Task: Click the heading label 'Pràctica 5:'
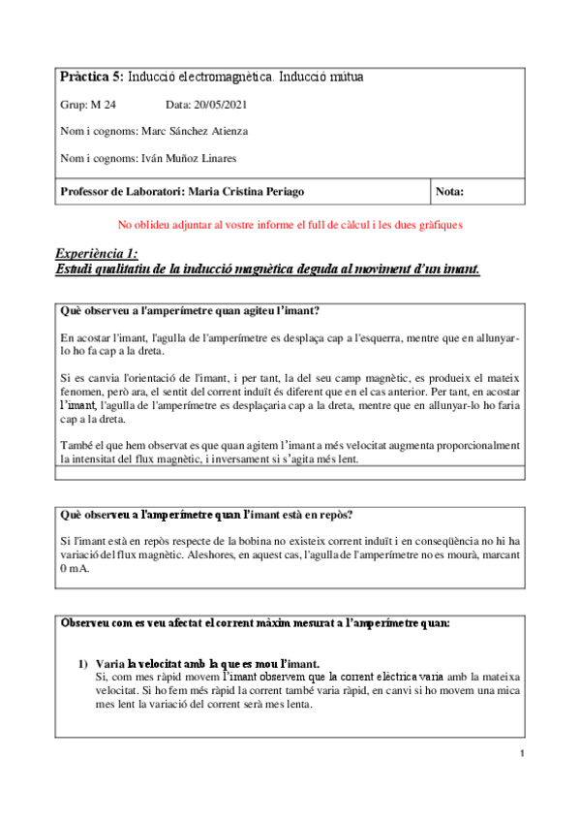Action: pos(91,77)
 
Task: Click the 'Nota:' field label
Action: pos(451,191)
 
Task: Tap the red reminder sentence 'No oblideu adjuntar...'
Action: pos(276,224)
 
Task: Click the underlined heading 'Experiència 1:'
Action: pos(97,253)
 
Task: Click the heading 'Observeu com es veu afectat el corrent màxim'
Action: pos(254,621)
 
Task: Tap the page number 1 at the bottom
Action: pos(521,754)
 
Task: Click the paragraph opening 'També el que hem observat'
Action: pos(290,452)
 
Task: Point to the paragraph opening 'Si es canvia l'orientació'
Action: pos(290,398)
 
